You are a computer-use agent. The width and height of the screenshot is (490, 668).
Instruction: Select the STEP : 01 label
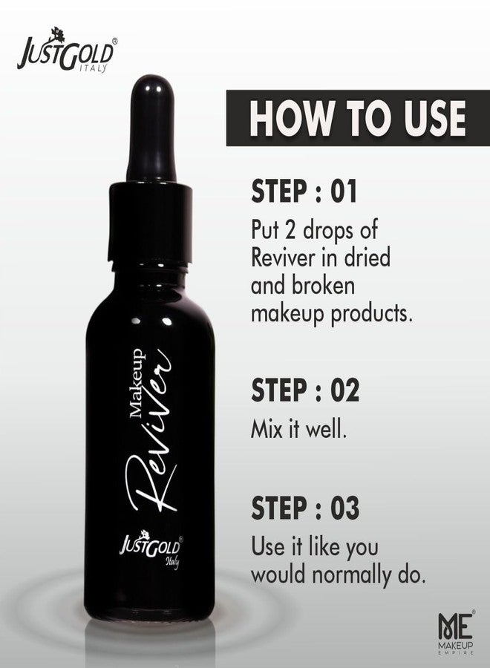304,191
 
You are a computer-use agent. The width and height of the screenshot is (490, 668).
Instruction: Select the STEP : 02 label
304,390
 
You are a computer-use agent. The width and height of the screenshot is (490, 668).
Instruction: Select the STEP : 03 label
305,510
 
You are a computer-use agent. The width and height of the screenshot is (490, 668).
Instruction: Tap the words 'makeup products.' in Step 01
330,313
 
